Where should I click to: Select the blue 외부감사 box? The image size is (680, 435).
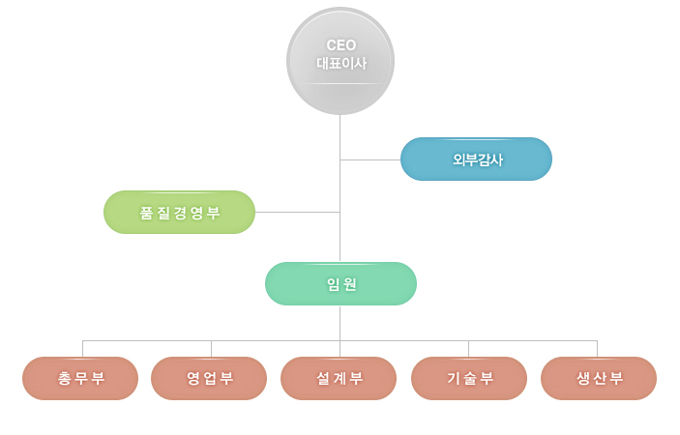point(476,159)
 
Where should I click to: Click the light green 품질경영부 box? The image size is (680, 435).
point(179,213)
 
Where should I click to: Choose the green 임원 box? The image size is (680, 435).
point(340,284)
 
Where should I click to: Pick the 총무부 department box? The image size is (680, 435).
point(80,378)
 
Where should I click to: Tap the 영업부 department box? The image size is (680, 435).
point(209,378)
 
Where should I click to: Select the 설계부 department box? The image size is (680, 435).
point(339,378)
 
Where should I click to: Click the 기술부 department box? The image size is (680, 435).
point(469,378)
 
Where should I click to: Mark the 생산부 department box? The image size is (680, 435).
point(599,378)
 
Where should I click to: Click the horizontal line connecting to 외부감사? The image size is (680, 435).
point(370,159)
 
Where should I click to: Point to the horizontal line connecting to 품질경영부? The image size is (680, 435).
point(297,212)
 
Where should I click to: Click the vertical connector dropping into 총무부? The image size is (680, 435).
point(82,349)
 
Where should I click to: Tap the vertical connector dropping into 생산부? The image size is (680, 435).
point(597,349)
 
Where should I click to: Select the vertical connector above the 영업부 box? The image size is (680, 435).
point(211,349)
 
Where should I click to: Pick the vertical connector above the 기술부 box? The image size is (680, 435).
point(468,349)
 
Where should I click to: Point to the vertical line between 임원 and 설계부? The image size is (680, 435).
point(340,324)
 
